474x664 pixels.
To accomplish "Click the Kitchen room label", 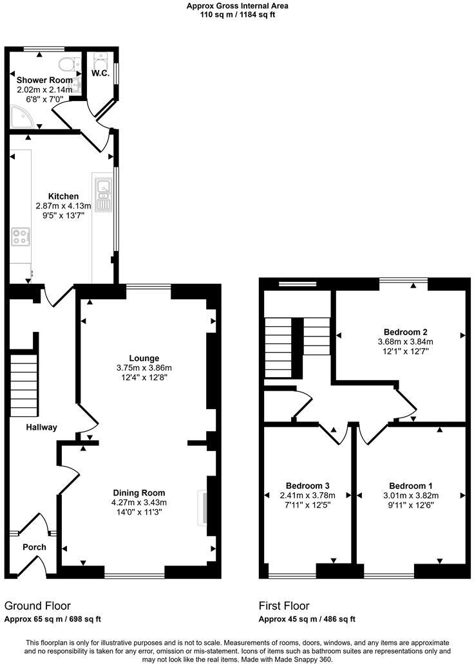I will tap(63, 196).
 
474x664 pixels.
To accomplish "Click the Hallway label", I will tap(41, 427).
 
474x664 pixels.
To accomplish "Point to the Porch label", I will tap(34, 548).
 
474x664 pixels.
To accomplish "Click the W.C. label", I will tap(100, 74).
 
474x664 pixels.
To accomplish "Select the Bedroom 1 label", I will tap(411, 486).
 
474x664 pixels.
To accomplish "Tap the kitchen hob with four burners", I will tap(19, 236).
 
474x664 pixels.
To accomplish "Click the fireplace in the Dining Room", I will tap(203, 506).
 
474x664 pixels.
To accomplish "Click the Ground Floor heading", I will tap(37, 605).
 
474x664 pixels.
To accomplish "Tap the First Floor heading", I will tap(284, 605).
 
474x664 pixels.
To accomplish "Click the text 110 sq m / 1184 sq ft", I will tap(237, 15).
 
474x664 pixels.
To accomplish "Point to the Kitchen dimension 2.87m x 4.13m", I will tap(63, 206).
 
